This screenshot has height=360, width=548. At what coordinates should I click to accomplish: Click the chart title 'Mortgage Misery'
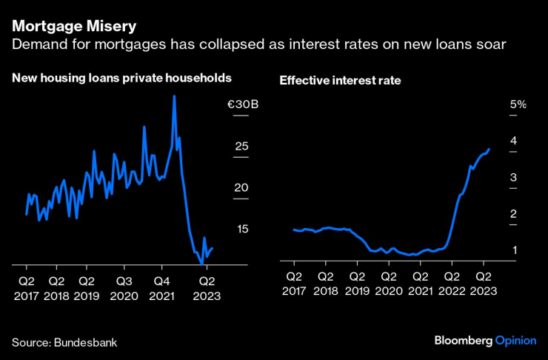click(73, 27)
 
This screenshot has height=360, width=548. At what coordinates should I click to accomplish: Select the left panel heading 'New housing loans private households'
click(121, 77)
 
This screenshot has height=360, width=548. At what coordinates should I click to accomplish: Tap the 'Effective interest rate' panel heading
click(340, 80)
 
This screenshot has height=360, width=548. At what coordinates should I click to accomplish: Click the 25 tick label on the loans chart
click(241, 146)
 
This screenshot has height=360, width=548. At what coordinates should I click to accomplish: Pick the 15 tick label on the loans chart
click(241, 229)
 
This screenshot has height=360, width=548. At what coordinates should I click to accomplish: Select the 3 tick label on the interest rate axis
click(513, 178)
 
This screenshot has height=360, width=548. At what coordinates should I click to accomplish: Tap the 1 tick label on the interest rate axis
click(513, 250)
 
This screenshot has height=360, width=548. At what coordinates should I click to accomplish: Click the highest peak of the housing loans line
click(174, 96)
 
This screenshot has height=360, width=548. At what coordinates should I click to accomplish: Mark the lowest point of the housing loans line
click(201, 263)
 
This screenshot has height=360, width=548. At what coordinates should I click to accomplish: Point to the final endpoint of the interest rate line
click(489, 149)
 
